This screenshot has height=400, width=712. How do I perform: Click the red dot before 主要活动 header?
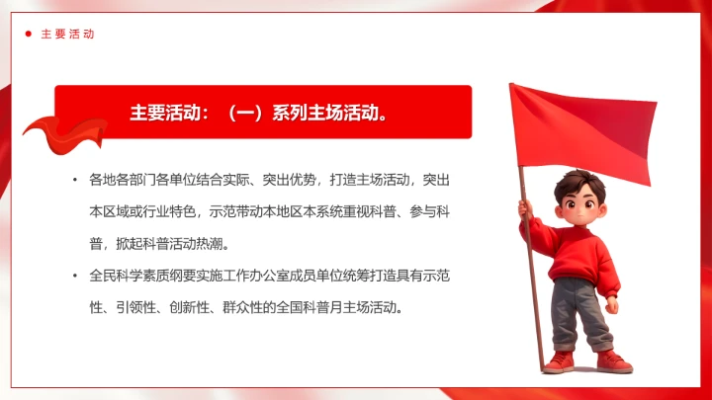tap(29, 34)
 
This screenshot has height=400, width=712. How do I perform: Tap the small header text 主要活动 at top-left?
tap(67, 34)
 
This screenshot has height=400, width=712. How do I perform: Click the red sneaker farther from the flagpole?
tap(613, 360)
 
